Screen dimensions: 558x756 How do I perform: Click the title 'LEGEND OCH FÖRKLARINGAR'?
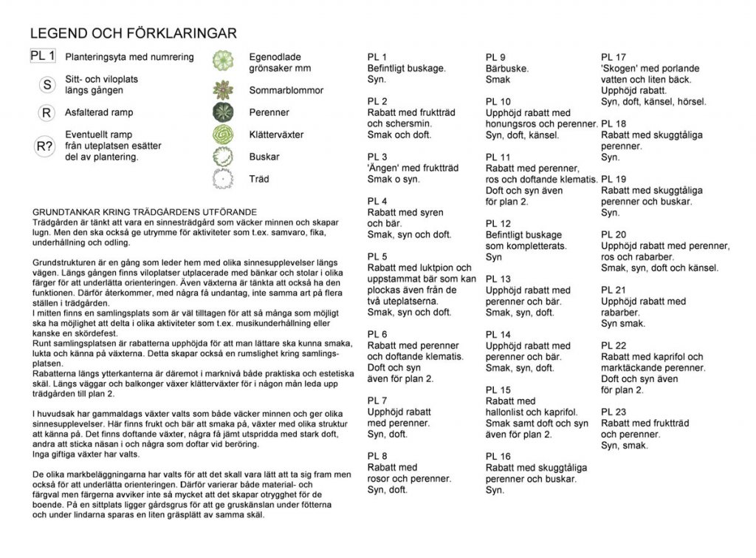133,33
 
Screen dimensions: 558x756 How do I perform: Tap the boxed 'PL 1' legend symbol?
43,56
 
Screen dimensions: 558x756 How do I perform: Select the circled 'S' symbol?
47,84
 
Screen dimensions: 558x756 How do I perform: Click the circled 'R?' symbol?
45,146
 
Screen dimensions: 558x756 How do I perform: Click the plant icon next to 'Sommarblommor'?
223,90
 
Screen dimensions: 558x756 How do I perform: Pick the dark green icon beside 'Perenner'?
223,112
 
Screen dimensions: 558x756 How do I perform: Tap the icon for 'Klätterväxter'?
223,135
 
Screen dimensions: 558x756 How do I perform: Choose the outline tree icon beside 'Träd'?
222,179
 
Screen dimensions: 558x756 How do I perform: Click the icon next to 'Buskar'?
223,157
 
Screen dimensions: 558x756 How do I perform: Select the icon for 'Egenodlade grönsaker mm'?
223,61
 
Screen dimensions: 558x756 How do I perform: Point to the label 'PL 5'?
377,256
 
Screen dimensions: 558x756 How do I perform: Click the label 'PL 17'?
614,57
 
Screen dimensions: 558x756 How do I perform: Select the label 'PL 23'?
614,412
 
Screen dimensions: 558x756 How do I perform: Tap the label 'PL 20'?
614,234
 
